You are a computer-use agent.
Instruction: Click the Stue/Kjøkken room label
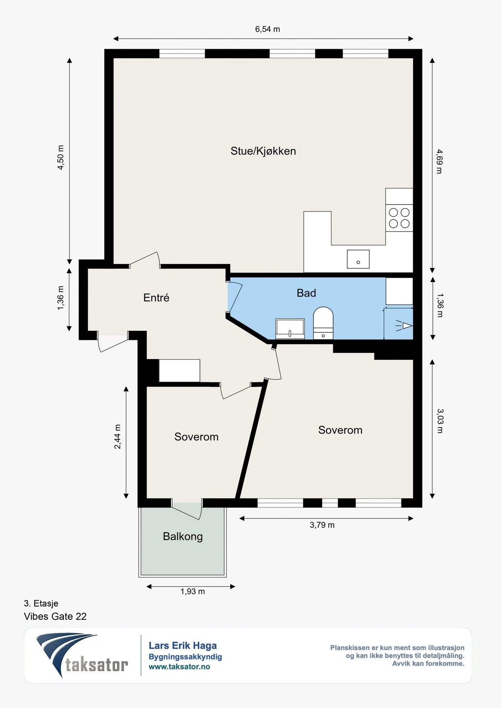[263, 151]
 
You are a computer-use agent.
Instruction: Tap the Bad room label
[306, 293]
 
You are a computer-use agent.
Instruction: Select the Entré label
[156, 297]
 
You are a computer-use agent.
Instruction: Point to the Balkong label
[183, 537]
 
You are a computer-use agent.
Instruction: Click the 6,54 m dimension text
[268, 29]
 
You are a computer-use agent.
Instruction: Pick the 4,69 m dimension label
[439, 161]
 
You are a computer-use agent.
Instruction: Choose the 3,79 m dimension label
[322, 525]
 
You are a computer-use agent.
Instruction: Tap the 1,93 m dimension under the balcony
[192, 592]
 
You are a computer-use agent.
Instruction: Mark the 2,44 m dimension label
[117, 437]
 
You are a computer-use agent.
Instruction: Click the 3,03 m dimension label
[440, 421]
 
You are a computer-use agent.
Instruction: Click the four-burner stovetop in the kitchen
[399, 218]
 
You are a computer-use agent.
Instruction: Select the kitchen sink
[358, 259]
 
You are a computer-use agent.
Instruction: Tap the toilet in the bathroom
[323, 323]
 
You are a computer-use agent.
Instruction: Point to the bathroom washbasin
[290, 329]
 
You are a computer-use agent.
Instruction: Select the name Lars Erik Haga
[183, 645]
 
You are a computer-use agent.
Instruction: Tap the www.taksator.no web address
[179, 667]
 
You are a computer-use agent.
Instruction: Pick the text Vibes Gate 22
[55, 616]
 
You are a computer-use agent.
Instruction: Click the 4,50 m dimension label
[61, 157]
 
